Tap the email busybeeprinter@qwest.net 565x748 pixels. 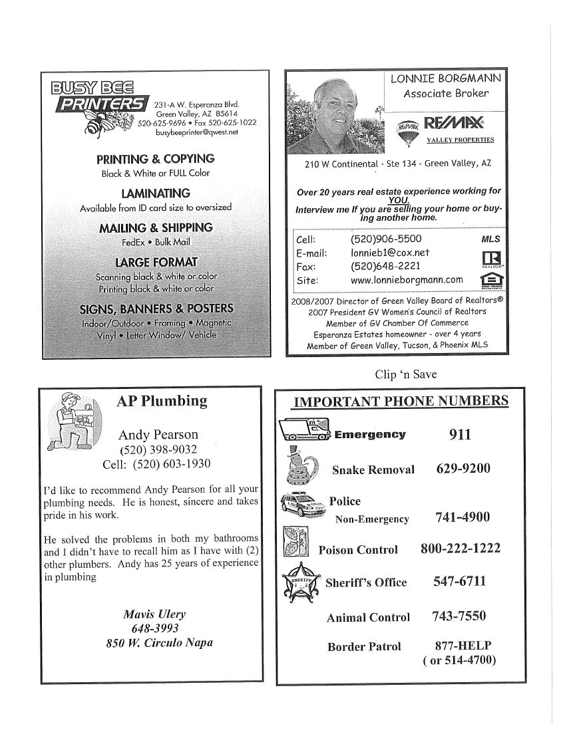[196, 132]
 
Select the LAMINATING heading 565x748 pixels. [156, 193]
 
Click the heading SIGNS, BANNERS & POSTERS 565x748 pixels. [156, 309]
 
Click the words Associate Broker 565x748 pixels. [446, 94]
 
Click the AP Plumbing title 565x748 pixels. [162, 401]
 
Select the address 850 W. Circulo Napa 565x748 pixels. [159, 643]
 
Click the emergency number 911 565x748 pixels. [460, 435]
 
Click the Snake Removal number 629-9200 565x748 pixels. [463, 469]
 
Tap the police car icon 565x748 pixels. [303, 507]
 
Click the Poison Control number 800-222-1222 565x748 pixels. [461, 549]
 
